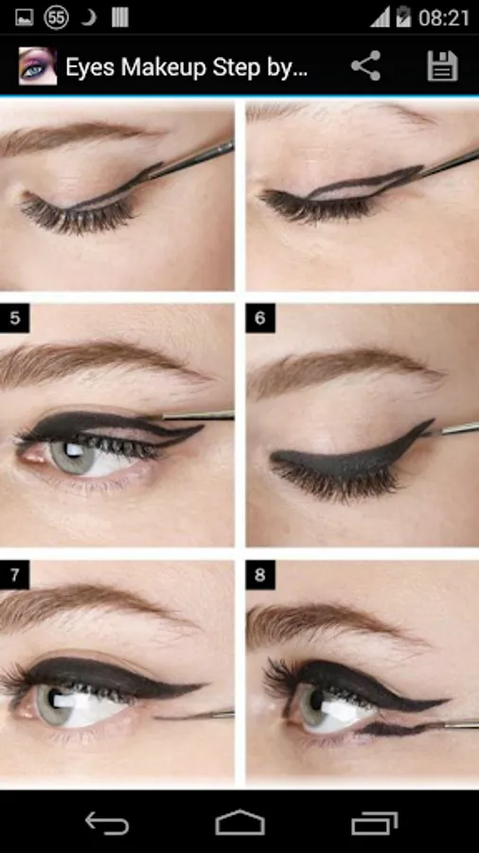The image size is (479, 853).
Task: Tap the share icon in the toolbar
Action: coord(365,66)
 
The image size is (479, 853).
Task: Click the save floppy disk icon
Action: coord(442,66)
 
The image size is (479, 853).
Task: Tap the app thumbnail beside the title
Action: coord(38,66)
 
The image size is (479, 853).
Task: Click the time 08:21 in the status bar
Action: coord(444,18)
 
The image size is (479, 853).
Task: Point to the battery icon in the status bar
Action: coord(403,17)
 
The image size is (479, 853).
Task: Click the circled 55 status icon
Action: coord(57,17)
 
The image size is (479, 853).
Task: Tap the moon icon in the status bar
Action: coord(88,17)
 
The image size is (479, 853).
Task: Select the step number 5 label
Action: coord(14,318)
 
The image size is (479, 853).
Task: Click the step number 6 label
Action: coord(260,318)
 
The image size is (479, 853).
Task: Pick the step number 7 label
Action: coord(14,575)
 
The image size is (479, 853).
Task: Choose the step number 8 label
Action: coord(260,575)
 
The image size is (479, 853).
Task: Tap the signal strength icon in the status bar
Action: coord(380,18)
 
